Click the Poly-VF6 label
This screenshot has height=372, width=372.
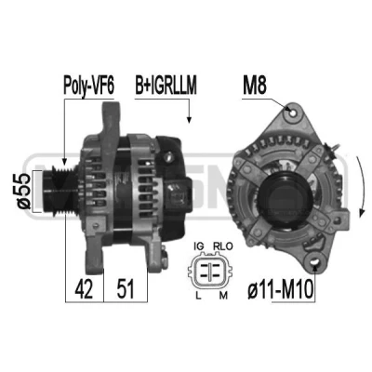coord(88,86)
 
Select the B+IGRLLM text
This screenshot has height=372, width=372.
coord(166,86)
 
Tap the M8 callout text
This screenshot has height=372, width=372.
coord(255,86)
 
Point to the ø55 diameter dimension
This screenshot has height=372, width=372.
coord(24,191)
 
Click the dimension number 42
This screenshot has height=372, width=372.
coord(84,288)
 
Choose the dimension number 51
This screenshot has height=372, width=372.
coord(126,288)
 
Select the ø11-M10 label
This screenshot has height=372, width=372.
coord(281,289)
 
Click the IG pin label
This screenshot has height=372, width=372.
coord(198,246)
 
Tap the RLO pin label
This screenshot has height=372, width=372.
coord(222,246)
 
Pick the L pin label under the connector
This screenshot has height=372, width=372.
coord(198,296)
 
